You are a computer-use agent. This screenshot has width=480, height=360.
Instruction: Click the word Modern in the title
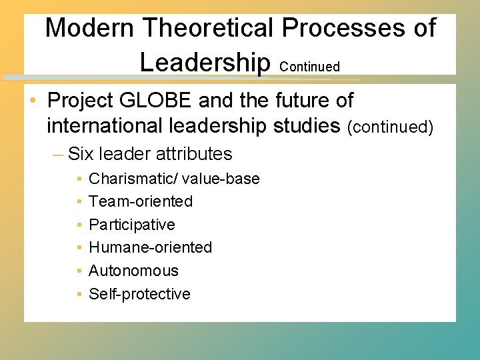(90, 28)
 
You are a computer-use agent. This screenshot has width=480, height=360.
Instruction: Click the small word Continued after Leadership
(310, 67)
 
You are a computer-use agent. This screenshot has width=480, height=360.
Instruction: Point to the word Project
(81, 101)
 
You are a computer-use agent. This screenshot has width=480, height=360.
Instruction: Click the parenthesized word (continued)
(390, 126)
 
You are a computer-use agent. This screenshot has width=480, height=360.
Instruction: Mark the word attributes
(193, 154)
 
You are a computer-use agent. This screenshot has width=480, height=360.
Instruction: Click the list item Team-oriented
(141, 201)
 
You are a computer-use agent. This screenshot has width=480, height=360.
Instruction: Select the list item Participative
(132, 225)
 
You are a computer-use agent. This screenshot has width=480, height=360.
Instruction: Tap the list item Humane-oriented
(150, 247)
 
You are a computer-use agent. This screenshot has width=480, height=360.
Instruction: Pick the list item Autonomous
(133, 271)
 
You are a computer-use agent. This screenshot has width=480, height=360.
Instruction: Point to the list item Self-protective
(139, 294)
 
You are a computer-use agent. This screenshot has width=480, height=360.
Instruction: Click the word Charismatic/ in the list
(131, 179)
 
